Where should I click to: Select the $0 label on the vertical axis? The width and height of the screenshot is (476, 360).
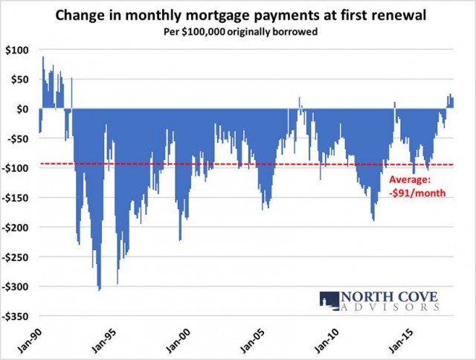coord(22,109)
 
